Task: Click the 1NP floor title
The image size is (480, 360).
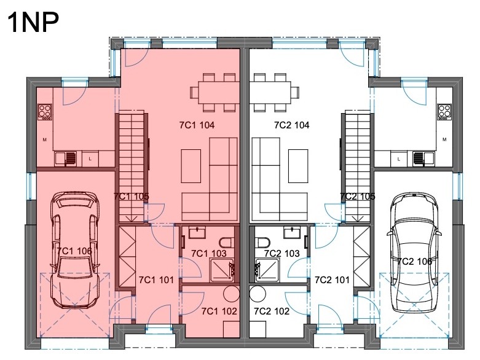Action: pyautogui.click(x=33, y=22)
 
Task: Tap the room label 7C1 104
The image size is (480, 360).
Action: pyautogui.click(x=197, y=125)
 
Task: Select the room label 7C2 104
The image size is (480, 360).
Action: pyautogui.click(x=292, y=125)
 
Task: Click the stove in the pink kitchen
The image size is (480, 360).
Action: pyautogui.click(x=45, y=112)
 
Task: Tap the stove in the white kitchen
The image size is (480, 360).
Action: pyautogui.click(x=444, y=112)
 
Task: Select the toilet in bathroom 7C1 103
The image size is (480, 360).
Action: pyautogui.click(x=227, y=243)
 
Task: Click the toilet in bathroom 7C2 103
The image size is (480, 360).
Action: pyautogui.click(x=262, y=243)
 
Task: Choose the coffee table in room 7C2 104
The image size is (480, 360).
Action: pyautogui.click(x=298, y=166)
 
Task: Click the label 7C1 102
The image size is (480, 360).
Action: pyautogui.click(x=219, y=311)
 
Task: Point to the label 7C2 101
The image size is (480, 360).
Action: pyautogui.click(x=332, y=280)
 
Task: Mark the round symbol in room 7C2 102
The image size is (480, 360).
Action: pyautogui.click(x=258, y=294)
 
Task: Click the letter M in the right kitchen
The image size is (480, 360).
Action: pyautogui.click(x=444, y=139)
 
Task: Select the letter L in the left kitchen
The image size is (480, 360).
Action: pyautogui.click(x=90, y=159)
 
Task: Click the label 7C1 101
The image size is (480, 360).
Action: pyautogui.click(x=156, y=280)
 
